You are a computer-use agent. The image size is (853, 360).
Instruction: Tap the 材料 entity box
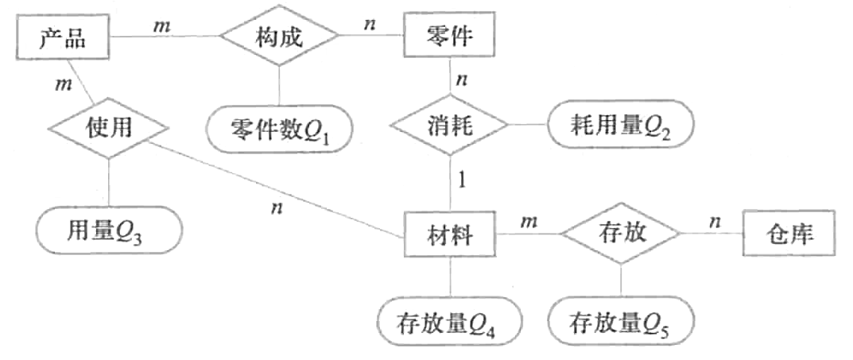(x=450, y=236)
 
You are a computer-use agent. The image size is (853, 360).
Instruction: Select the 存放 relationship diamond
(x=621, y=235)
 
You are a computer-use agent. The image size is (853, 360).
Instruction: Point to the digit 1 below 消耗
(x=461, y=180)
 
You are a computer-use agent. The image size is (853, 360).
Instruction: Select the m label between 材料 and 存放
(x=526, y=220)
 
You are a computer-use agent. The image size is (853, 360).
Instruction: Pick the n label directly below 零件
(x=461, y=79)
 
